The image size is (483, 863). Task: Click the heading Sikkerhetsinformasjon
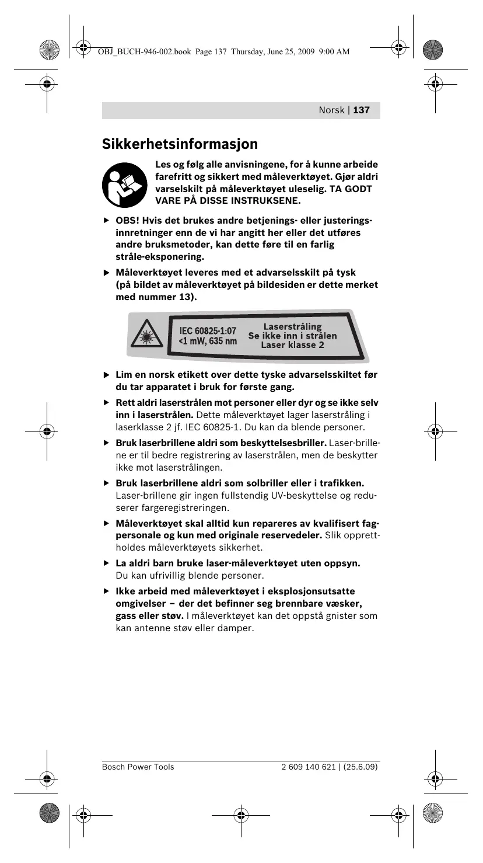[x=180, y=144]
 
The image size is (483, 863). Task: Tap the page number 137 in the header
[x=361, y=110]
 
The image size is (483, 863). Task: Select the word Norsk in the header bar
[x=331, y=110]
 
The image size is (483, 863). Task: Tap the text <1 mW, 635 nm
[x=207, y=341]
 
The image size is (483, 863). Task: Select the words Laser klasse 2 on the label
[x=292, y=344]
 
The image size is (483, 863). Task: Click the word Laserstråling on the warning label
[x=292, y=326]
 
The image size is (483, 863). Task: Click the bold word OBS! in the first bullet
[x=126, y=221]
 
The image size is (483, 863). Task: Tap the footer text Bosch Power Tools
[x=138, y=767]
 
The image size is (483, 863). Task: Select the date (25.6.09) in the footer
[x=360, y=767]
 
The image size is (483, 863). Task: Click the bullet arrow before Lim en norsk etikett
[x=106, y=375]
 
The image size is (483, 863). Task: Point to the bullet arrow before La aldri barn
[x=106, y=563]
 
